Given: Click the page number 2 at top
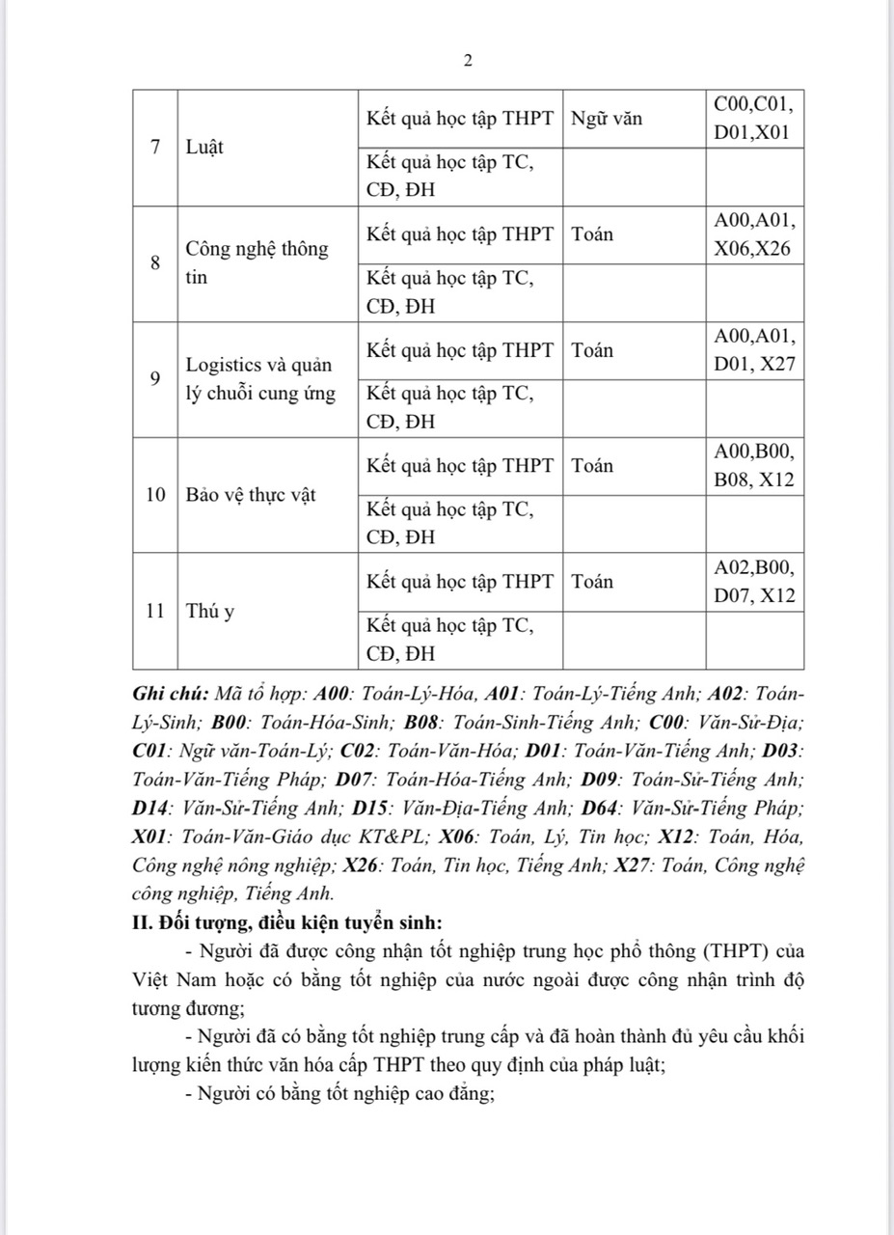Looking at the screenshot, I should [x=468, y=61].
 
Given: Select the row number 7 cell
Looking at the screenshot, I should [x=155, y=148].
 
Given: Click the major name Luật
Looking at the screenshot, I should [x=203, y=148].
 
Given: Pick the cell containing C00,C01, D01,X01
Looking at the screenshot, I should [x=754, y=119].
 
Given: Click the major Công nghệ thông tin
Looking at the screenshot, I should [x=257, y=262].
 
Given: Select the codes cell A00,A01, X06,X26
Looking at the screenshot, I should [x=754, y=234].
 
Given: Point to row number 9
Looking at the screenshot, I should [x=155, y=378].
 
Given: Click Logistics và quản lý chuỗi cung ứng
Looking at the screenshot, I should [x=260, y=379].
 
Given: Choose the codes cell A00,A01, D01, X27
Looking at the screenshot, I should [x=754, y=350].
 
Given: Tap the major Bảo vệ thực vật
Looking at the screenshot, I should [x=251, y=495].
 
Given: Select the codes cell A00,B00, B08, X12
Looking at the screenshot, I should [x=754, y=466].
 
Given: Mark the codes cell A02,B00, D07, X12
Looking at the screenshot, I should [x=754, y=582].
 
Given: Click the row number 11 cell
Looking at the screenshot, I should [x=155, y=611].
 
